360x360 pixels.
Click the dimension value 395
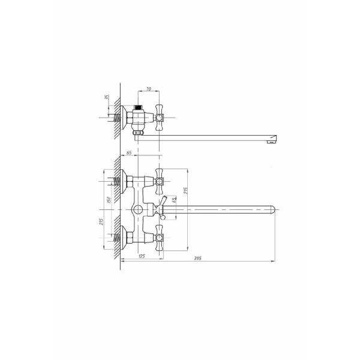coord(197,258)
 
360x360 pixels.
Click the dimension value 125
coord(142,256)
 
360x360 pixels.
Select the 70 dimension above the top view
coord(149,89)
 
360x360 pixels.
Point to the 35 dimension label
coord(107,97)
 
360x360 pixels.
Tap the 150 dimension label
coord(109,200)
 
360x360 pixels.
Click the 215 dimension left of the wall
coord(101,221)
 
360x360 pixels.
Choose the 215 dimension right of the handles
coord(186,191)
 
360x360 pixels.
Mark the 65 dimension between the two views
coord(129,152)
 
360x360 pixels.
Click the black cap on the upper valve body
coord(137,107)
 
